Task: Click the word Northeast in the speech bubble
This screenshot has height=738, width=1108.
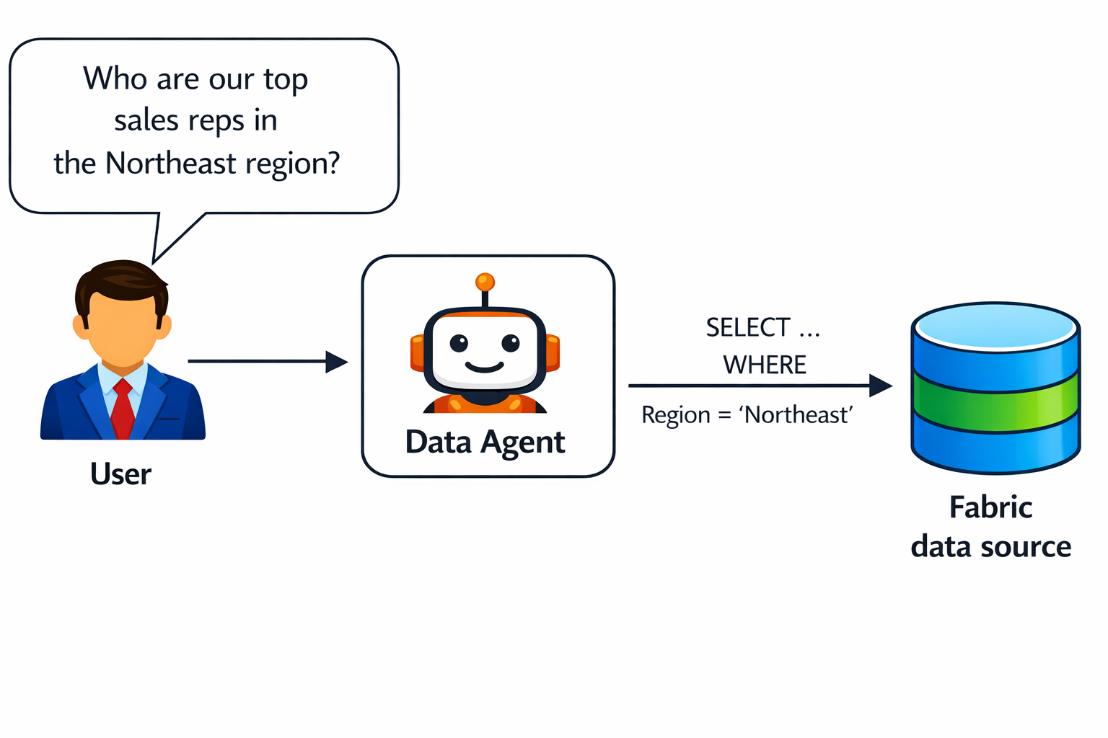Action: (171, 164)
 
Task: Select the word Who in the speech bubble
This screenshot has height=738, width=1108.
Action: (115, 79)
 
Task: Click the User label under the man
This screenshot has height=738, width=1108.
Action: (121, 474)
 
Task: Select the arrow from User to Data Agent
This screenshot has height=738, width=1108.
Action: (267, 362)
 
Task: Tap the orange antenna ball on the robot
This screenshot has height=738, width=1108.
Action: (485, 281)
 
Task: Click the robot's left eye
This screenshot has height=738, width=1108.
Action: (459, 343)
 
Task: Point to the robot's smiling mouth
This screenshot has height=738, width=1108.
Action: (484, 368)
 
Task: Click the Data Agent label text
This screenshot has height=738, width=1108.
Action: (485, 442)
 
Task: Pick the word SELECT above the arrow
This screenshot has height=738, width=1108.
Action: (748, 328)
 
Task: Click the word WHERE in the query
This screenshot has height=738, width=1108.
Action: (765, 365)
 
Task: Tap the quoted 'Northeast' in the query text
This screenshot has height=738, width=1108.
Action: (796, 415)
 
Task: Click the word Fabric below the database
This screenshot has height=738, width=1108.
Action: (990, 507)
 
